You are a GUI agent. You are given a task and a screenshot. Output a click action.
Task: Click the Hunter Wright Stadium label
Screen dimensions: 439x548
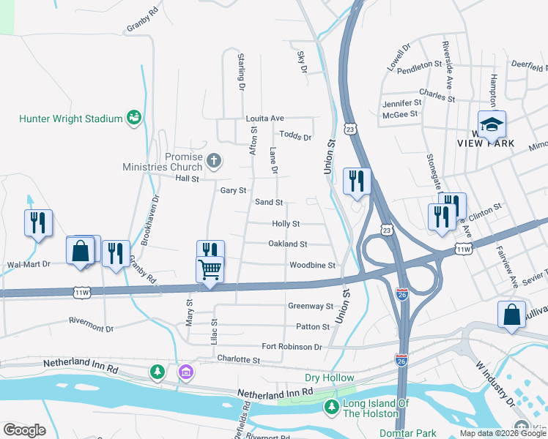coord(70,118)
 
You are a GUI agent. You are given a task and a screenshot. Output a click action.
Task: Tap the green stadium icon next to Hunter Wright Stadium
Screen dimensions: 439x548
coord(133,117)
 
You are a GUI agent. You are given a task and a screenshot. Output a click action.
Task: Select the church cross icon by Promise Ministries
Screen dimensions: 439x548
coord(213,160)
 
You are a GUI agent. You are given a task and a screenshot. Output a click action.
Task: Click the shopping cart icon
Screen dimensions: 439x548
coord(210,270)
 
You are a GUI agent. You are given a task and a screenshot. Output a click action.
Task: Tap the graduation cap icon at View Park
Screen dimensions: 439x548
coord(492,124)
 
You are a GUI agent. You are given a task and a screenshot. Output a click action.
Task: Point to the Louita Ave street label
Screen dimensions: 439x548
coord(264,118)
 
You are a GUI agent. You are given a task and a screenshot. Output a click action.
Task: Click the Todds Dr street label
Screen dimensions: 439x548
coord(295,136)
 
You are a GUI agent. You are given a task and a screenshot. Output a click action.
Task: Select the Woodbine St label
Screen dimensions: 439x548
coord(311,265)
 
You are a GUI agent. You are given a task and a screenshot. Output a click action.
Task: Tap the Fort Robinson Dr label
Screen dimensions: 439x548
coord(292,346)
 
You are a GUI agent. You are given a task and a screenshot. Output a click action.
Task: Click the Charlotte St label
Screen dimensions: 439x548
coord(238,359)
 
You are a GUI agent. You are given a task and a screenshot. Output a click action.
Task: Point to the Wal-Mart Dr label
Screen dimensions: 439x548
coord(28,264)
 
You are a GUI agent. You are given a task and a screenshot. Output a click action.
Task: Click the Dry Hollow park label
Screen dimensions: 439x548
coord(329,378)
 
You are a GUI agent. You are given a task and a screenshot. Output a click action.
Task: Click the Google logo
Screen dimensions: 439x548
coord(24,430)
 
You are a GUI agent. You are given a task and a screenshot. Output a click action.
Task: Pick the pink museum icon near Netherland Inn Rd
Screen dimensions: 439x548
coord(186,372)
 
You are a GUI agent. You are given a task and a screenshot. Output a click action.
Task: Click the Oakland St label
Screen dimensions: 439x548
coord(287,244)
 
